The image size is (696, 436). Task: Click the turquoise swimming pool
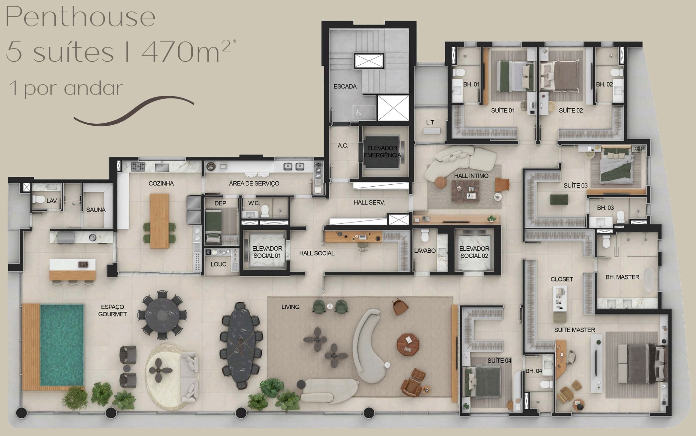(x=62, y=345)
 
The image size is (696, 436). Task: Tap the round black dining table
(x=162, y=315)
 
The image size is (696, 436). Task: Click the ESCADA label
(x=345, y=87)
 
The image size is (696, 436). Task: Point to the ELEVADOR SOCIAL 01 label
(x=267, y=252)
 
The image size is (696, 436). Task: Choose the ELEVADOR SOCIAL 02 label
(x=474, y=252)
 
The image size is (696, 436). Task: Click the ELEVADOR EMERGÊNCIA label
(x=382, y=152)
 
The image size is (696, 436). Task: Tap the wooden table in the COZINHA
(x=159, y=221)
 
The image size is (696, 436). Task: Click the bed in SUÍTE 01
(x=516, y=76)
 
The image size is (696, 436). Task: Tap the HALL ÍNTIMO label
(x=471, y=176)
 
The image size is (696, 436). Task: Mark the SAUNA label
(x=96, y=210)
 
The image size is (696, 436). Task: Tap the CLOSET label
(x=562, y=279)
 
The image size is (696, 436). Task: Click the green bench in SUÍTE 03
(x=559, y=200)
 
